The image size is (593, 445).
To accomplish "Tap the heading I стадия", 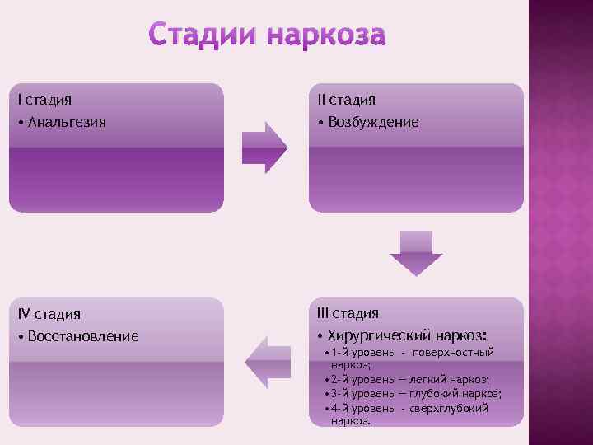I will [x=45, y=100].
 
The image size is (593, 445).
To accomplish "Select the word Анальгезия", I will [x=67, y=123].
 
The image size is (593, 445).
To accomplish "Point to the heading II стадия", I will [x=347, y=100].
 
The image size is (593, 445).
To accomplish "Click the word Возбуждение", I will [x=373, y=123].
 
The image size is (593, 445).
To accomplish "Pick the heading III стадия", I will [x=348, y=313].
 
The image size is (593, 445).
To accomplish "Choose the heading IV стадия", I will [x=49, y=314].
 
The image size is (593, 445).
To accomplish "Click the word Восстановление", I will [x=83, y=336].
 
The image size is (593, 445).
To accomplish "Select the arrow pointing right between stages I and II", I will [x=264, y=147].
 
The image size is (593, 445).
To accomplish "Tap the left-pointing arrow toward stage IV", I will [x=268, y=360].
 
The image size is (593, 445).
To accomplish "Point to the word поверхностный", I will [x=454, y=353].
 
